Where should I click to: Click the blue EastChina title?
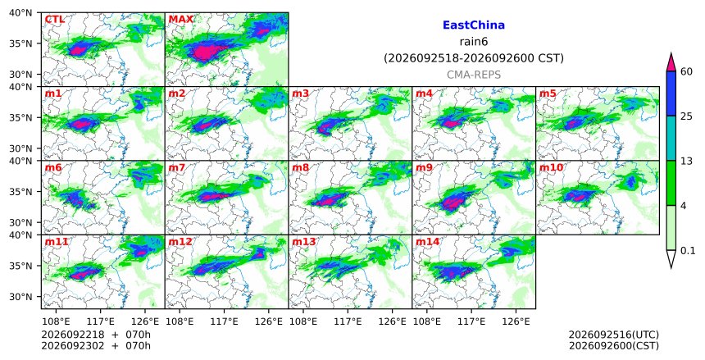474,25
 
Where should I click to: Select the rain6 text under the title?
474,42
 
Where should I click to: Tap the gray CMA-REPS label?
474,75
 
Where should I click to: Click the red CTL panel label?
54,20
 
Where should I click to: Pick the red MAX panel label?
180,20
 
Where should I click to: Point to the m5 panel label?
548,93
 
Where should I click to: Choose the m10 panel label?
551,168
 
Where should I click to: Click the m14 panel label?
427,242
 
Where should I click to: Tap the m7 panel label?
177,168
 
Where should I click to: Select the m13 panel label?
303,242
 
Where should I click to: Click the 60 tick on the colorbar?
686,71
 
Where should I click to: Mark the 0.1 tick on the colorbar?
688,251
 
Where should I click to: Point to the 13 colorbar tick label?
686,161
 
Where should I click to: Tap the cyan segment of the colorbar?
671,139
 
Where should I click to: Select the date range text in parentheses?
474,58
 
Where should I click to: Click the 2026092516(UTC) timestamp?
614,335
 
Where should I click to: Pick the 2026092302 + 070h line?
96,346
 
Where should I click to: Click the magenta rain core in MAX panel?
205,52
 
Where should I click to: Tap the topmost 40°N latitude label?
20,12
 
